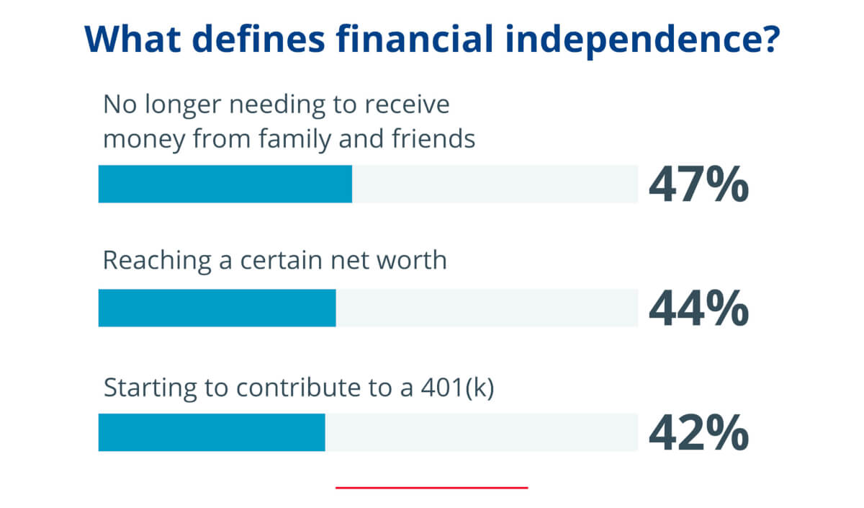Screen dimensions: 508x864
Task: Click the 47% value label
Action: (x=698, y=184)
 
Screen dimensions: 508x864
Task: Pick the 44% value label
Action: (x=698, y=308)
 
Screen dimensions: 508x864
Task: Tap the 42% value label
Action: (x=698, y=433)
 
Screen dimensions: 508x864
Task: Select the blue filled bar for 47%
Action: (x=225, y=184)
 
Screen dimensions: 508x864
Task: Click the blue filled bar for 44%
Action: (x=217, y=308)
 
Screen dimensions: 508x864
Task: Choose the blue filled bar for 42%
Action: (x=212, y=432)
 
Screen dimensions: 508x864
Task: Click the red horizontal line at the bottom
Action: (x=431, y=488)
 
